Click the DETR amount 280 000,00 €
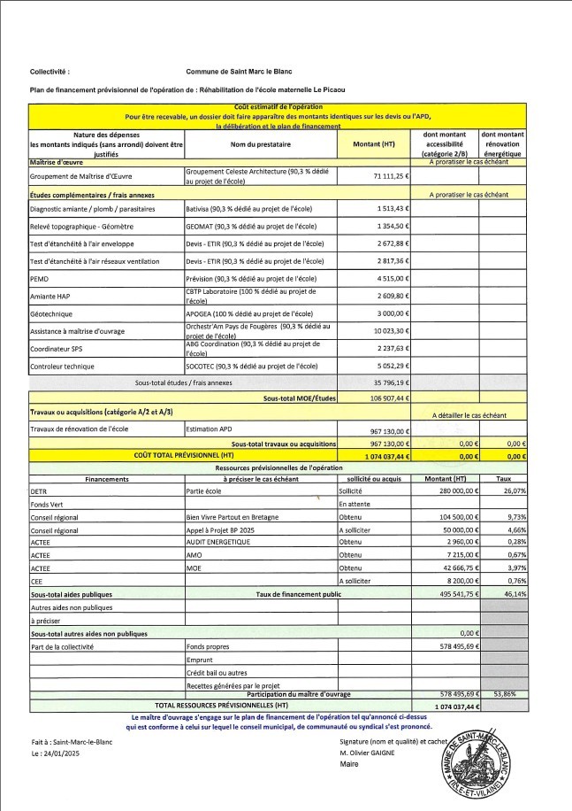tap(456, 490)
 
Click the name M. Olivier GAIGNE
tap(374, 753)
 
